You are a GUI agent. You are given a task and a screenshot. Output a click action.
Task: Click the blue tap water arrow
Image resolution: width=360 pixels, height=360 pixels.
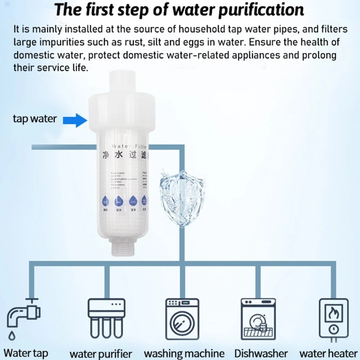coord(74,119)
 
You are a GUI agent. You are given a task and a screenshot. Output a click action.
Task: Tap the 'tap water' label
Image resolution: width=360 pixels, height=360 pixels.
coord(35,119)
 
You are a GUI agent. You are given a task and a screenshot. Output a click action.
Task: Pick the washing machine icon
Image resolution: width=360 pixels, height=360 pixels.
coord(184,319)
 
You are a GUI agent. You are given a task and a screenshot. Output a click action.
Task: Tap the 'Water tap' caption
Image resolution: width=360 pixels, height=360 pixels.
coord(26,352)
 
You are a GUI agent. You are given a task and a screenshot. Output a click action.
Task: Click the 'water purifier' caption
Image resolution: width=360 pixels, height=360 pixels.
coord(101,353)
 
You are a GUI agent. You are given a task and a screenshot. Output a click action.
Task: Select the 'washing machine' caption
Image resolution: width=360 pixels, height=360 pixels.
coord(184,353)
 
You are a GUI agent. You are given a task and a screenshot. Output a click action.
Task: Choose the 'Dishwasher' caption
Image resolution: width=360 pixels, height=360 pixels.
coord(261,353)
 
